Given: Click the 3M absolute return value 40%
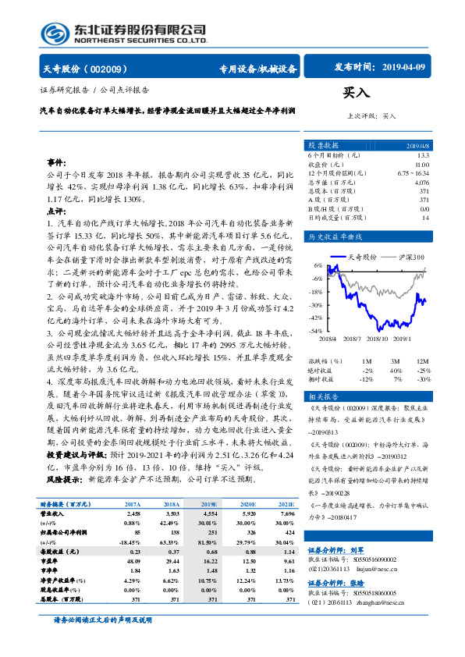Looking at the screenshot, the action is pos(396,370).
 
